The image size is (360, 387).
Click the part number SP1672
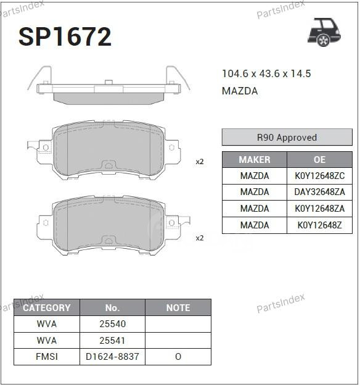point(65,37)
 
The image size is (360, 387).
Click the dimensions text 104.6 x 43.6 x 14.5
point(266,74)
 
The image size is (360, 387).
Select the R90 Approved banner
point(287,138)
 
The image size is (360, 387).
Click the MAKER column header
point(254,159)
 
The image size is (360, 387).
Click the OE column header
point(319,159)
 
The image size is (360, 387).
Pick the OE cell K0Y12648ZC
point(319,176)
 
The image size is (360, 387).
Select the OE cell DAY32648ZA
point(319,192)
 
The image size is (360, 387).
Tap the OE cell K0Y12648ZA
point(319,209)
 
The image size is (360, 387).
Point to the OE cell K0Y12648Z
point(319,225)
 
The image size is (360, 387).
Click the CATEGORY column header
point(47,307)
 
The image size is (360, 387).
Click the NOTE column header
point(178,307)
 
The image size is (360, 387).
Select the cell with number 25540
point(112,323)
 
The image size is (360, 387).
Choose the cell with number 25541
point(112,340)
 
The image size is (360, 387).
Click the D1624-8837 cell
point(112,357)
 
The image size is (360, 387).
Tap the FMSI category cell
point(47,357)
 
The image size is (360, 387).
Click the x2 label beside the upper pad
point(199,162)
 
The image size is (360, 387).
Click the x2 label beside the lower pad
point(199,238)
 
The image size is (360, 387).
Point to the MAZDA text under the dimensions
point(240,91)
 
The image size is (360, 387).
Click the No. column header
point(112,307)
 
